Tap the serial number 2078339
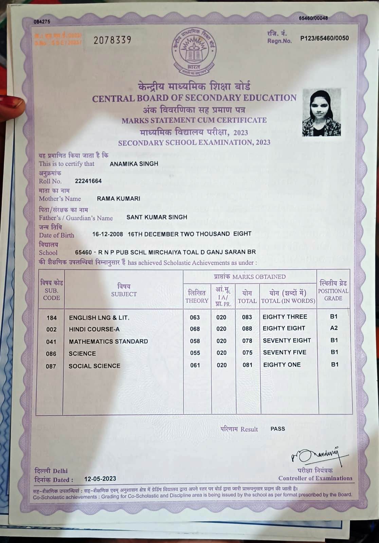click(x=112, y=40)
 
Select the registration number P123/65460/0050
click(x=324, y=38)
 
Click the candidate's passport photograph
click(x=321, y=113)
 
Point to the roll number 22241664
click(x=88, y=181)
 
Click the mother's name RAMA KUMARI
click(x=119, y=199)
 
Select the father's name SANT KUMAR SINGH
click(x=157, y=217)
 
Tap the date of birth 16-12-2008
click(x=108, y=234)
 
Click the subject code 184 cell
click(x=52, y=318)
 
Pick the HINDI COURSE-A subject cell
click(x=94, y=329)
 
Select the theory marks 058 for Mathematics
click(x=195, y=341)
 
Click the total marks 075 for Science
click(x=247, y=353)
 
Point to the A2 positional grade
click(x=334, y=328)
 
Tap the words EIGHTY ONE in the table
click(x=282, y=365)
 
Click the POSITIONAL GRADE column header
click(x=333, y=291)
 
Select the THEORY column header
click(x=197, y=297)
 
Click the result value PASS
click(x=277, y=429)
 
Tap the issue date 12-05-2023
click(x=100, y=479)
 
